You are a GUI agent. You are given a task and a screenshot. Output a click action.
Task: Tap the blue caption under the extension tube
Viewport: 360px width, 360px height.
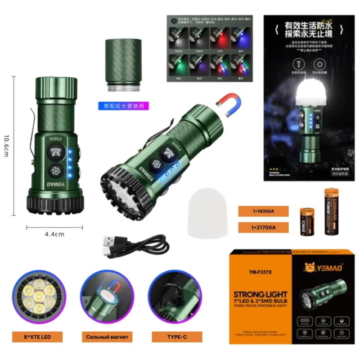tap(123, 107)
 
